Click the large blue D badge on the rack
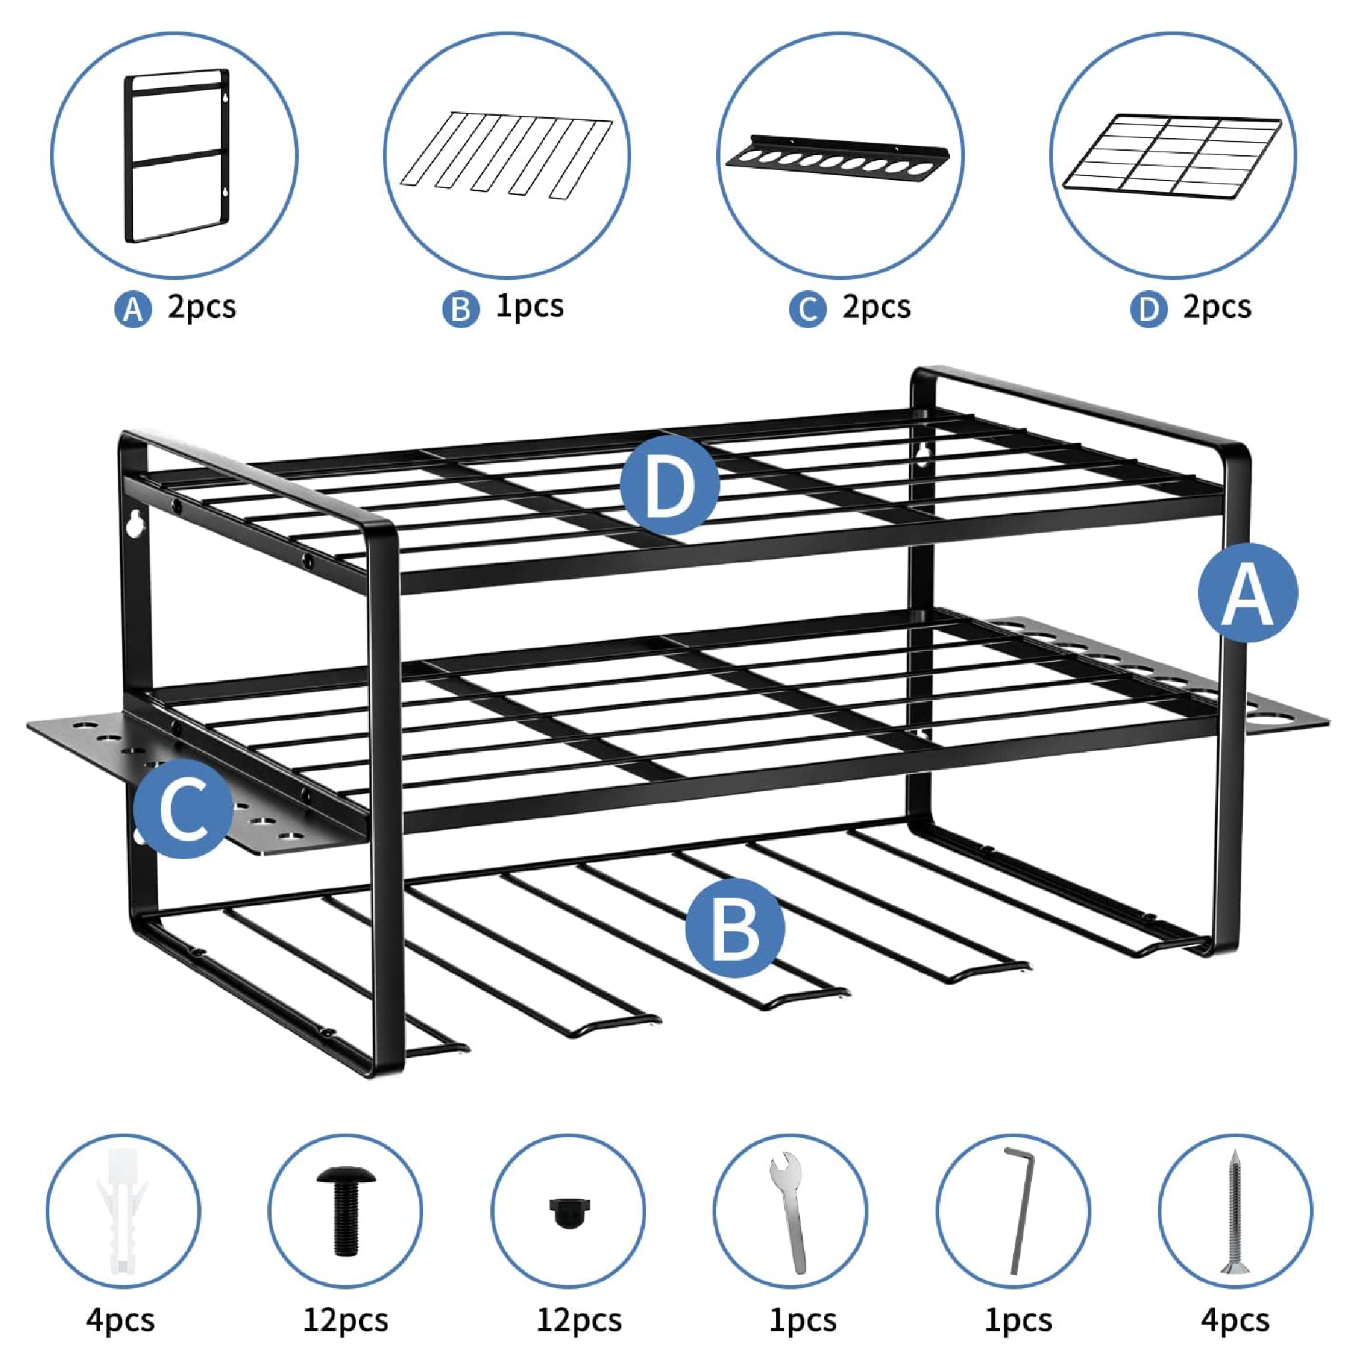[669, 485]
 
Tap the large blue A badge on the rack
[1248, 593]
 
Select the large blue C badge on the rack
[184, 808]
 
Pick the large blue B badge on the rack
[735, 928]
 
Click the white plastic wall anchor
[122, 1211]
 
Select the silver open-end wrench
[790, 1213]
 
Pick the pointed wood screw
[1234, 1212]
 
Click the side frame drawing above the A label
[177, 156]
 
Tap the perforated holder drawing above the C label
[838, 158]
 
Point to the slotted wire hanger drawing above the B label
[506, 154]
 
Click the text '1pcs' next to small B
[530, 307]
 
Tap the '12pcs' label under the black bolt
[346, 1319]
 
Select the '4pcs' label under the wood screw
[1235, 1319]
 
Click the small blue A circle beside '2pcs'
[133, 309]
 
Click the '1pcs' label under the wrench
[803, 1319]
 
